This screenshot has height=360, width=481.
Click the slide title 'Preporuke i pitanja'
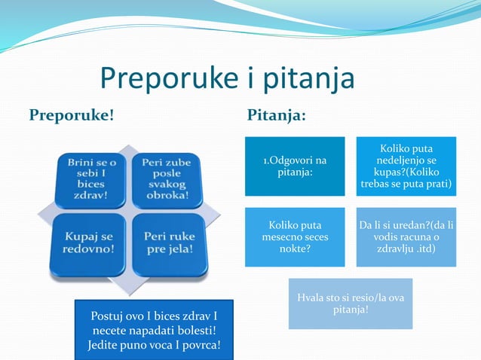point(227,79)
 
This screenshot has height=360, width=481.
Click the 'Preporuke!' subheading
point(72,115)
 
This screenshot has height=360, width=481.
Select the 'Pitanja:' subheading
point(277,115)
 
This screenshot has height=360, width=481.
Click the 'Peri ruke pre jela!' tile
point(166,243)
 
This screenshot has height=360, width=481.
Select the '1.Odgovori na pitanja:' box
point(295,167)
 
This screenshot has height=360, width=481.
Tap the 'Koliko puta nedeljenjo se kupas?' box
point(406,167)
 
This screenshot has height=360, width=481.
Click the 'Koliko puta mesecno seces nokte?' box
point(295,236)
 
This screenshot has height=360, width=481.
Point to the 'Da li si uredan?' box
point(406,236)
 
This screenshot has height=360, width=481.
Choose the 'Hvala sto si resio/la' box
point(350,304)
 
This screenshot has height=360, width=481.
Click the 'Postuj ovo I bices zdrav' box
point(155,330)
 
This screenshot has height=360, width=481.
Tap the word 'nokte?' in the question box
point(295,249)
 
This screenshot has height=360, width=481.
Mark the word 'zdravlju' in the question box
point(397,249)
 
